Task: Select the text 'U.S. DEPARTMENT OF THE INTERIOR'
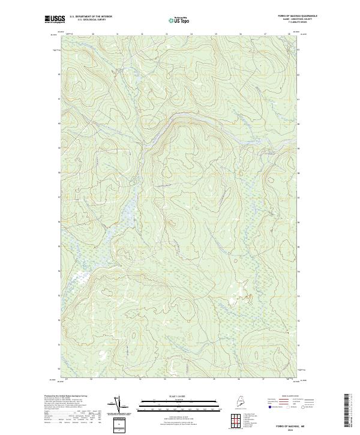pyautogui.click(x=91, y=17)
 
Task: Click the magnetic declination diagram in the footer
pyautogui.click(x=118, y=405)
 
